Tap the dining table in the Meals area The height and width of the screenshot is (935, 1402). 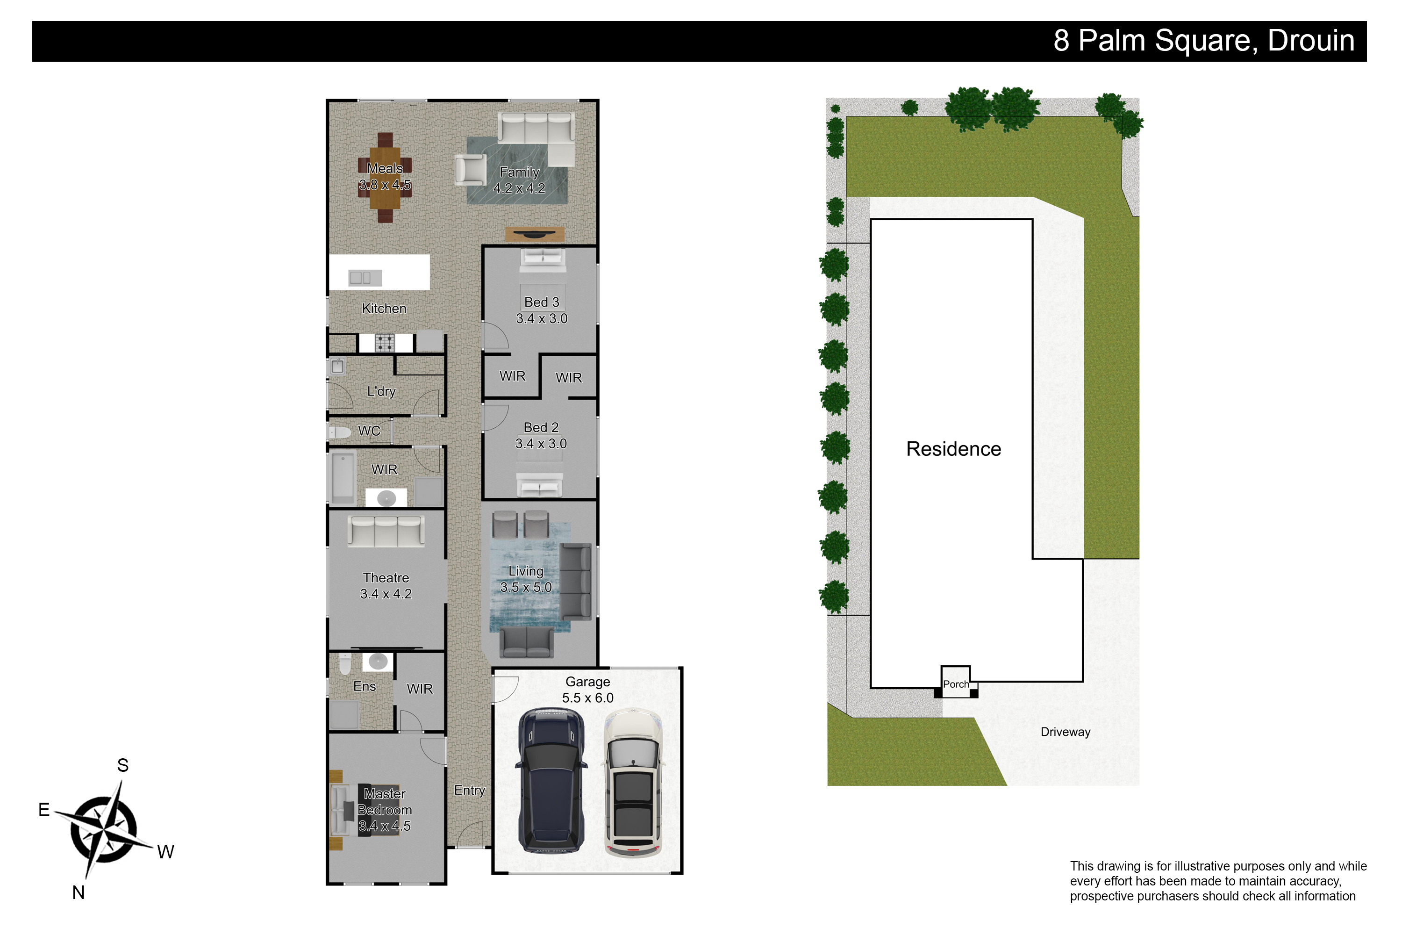click(x=385, y=178)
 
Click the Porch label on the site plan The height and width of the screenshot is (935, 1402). click(x=956, y=684)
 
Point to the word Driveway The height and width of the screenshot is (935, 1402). click(x=1065, y=732)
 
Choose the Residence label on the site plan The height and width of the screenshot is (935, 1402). click(x=953, y=448)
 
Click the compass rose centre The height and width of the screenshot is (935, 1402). click(x=104, y=829)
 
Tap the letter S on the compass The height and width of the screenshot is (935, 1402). click(x=123, y=765)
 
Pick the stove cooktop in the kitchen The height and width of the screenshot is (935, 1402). click(x=385, y=343)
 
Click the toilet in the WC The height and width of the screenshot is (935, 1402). click(x=339, y=432)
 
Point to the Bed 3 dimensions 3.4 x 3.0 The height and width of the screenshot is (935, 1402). click(x=541, y=318)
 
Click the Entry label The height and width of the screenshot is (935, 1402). click(x=469, y=790)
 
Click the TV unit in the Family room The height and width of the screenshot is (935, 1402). click(x=535, y=234)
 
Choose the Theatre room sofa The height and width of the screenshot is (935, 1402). click(x=386, y=531)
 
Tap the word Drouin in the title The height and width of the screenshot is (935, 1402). click(x=1311, y=41)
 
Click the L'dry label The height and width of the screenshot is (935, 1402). click(x=381, y=391)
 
